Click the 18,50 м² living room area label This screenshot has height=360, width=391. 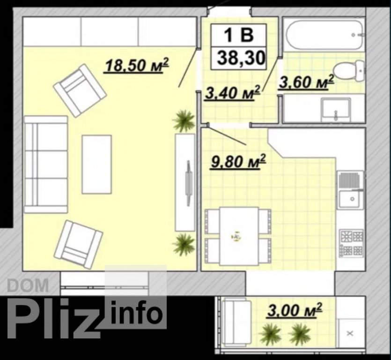pyautogui.click(x=137, y=66)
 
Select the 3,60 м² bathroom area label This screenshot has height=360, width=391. pyautogui.click(x=306, y=82)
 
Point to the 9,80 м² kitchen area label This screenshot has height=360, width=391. pyautogui.click(x=238, y=162)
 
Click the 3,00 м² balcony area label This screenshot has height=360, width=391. pyautogui.click(x=294, y=310)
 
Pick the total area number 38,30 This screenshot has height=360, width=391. pyautogui.click(x=241, y=58)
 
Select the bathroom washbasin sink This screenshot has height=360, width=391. pyautogui.click(x=336, y=110)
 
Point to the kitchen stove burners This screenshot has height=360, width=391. pyautogui.click(x=351, y=244)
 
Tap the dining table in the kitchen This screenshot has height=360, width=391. pyautogui.click(x=239, y=236)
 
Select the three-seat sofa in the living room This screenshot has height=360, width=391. pyautogui.click(x=46, y=164)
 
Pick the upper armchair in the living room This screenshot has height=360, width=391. pyautogui.click(x=80, y=90)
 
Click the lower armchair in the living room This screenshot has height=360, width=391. pyautogui.click(x=79, y=245)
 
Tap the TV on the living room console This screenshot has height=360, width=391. pyautogui.click(x=188, y=183)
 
